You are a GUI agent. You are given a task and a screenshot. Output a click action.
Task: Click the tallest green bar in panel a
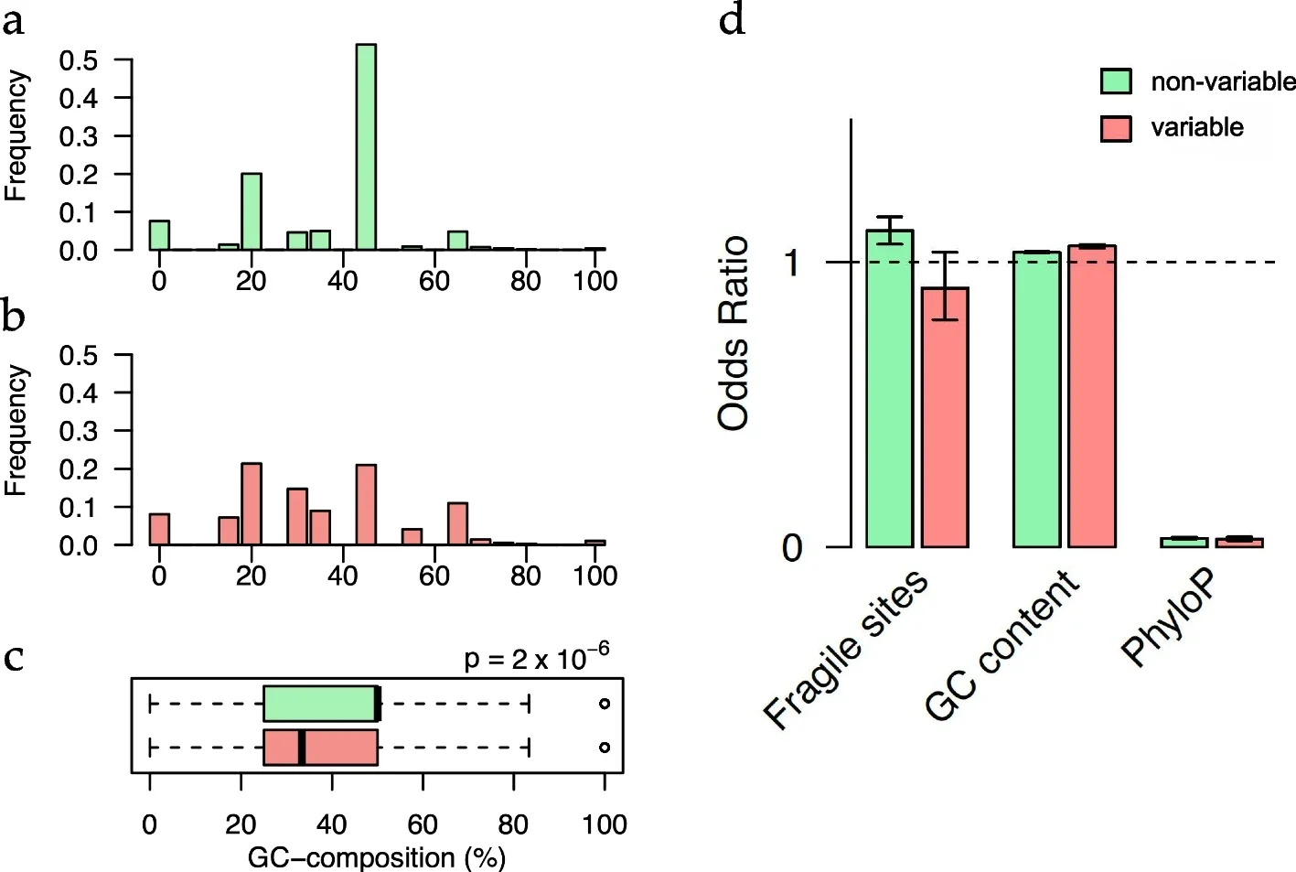pos(366,146)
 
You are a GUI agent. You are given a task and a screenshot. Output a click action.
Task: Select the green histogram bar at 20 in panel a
pos(252,211)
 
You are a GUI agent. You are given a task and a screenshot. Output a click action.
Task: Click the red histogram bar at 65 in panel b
pos(457,523)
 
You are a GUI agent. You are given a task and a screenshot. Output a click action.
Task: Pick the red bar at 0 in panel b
pos(159,529)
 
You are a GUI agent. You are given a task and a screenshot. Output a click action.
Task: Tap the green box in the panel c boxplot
pos(320,704)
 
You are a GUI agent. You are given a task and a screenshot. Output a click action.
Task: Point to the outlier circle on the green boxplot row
pos(605,704)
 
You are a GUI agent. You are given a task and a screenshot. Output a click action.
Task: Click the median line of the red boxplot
pos(302,748)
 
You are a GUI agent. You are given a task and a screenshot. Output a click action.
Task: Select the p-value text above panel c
pos(536,657)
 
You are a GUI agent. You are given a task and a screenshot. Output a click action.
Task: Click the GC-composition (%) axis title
pos(376,857)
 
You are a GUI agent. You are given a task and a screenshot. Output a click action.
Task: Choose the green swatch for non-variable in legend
pos(1116,81)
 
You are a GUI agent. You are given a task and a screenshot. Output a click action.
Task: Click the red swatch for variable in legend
pos(1116,128)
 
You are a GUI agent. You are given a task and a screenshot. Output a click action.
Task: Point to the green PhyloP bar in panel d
pos(1184,543)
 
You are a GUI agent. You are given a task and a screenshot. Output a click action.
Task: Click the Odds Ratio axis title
pos(734,333)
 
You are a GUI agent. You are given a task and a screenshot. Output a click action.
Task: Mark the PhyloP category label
pos(1170,617)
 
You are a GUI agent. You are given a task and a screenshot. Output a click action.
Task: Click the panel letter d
pos(732,19)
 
